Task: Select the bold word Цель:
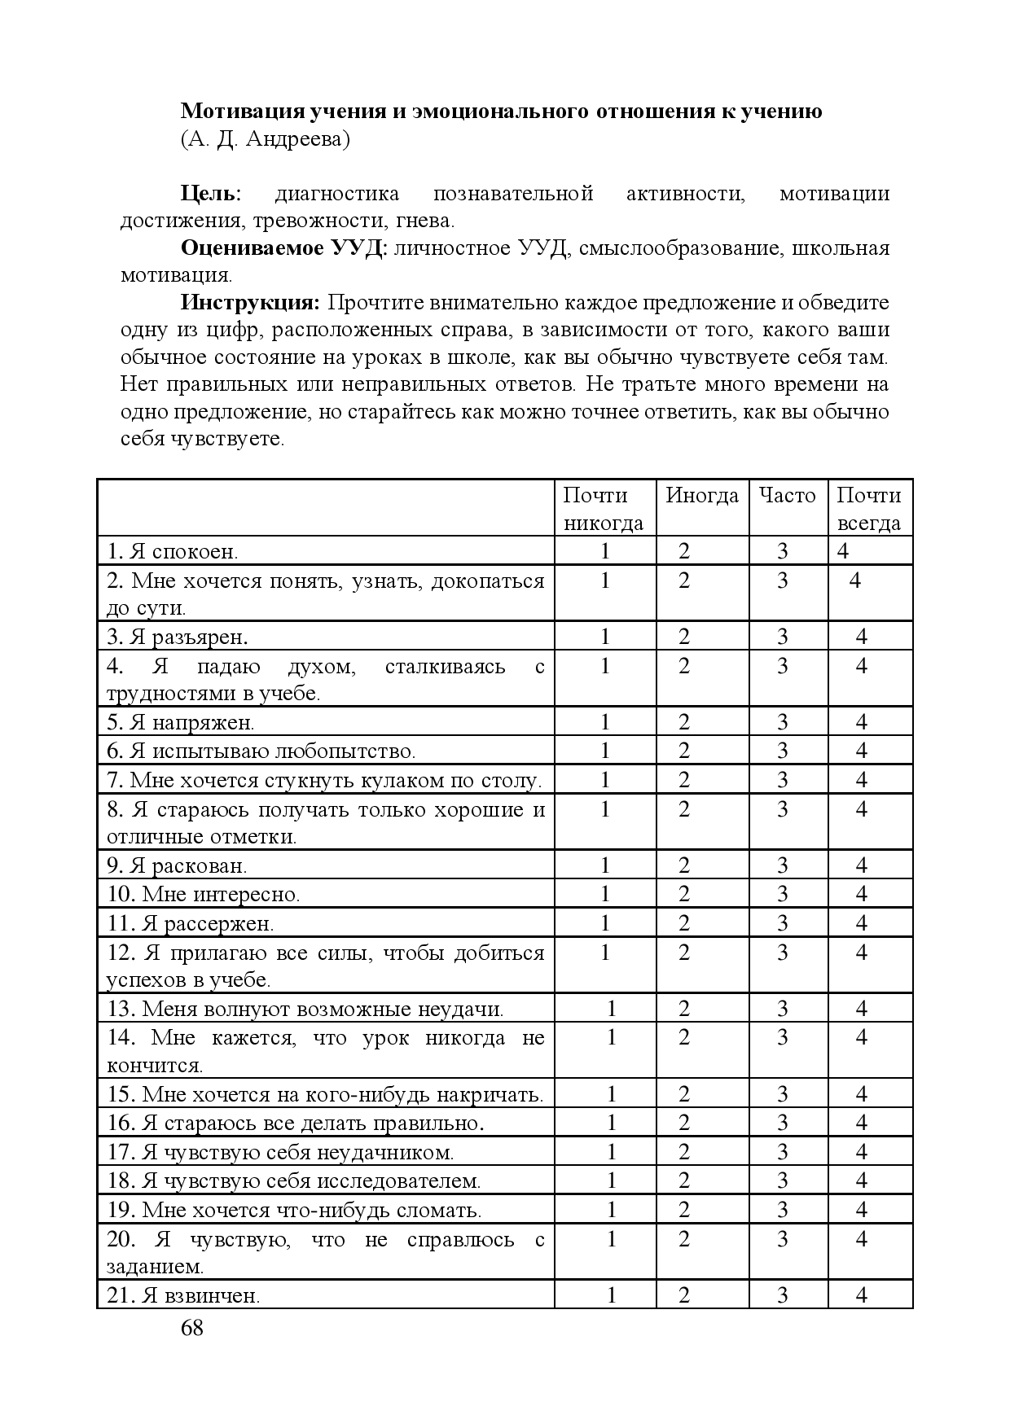(x=210, y=194)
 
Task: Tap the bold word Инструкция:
(x=250, y=304)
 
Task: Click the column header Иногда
(x=702, y=496)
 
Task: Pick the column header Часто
(x=787, y=496)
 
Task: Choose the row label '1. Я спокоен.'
(x=173, y=552)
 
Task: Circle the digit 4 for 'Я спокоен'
(x=843, y=551)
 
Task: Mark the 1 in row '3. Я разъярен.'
(x=605, y=637)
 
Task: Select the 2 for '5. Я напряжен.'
(x=684, y=722)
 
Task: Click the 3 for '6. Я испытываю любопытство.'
(x=783, y=751)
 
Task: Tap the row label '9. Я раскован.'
(x=177, y=865)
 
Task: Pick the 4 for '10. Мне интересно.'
(x=862, y=894)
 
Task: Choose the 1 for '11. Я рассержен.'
(x=605, y=923)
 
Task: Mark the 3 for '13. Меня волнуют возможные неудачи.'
(x=783, y=1010)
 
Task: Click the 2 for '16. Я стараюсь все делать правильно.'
(x=684, y=1124)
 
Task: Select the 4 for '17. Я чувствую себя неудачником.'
(x=862, y=1152)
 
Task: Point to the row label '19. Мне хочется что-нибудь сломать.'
(x=294, y=1210)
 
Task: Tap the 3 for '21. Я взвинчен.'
(x=783, y=1295)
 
